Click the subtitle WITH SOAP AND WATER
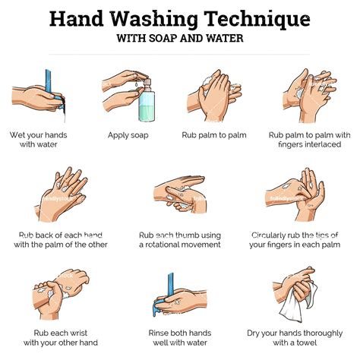coord(180,37)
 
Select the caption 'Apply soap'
coord(128,135)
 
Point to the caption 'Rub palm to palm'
coord(213,135)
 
